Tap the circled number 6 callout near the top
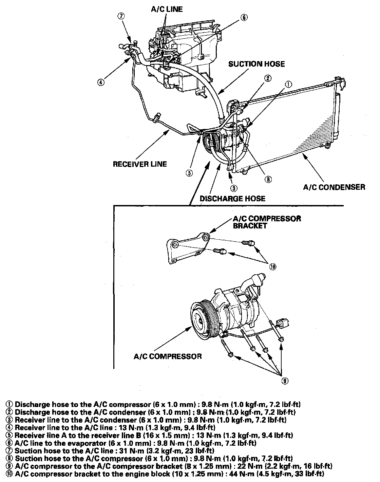244,18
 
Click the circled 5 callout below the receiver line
189,173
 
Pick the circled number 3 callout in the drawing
234,188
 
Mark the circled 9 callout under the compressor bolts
285,381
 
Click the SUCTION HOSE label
256,64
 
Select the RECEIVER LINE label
140,164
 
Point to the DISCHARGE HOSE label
232,198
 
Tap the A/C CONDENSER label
334,187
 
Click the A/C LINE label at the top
167,9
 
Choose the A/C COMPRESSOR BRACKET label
267,222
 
